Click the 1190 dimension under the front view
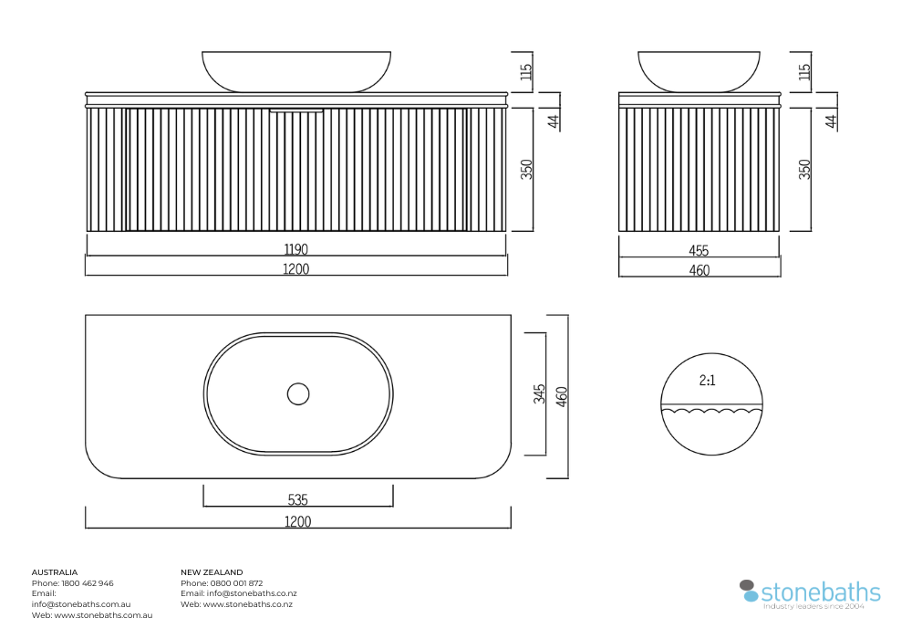[296, 249]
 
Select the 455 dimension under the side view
[699, 251]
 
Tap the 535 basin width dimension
[298, 500]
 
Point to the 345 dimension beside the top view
[540, 394]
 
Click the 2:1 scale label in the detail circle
[708, 381]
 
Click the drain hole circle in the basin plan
[298, 394]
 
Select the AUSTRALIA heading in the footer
[55, 572]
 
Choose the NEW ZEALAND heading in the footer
[212, 572]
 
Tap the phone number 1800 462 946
[88, 583]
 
